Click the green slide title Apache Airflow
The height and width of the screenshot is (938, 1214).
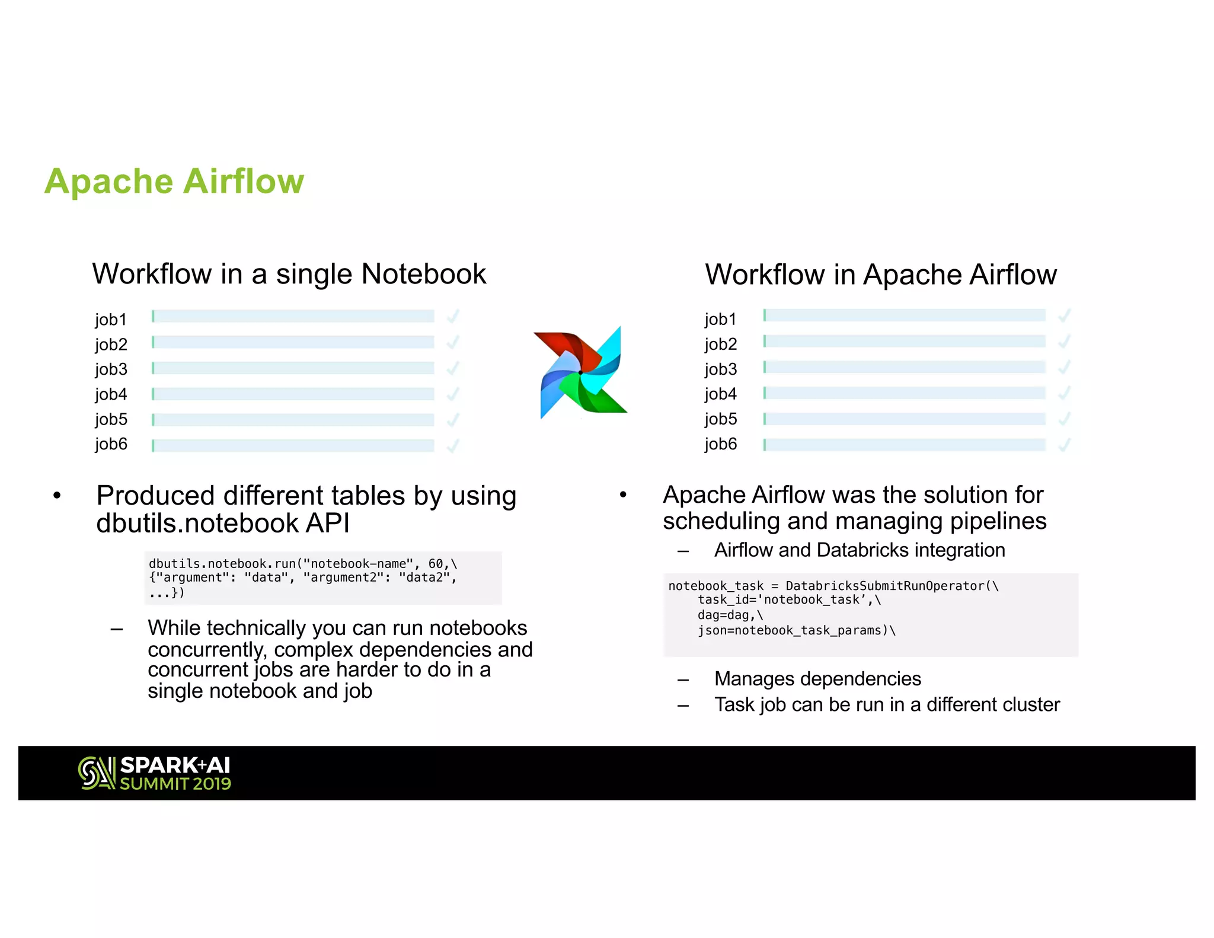point(174,181)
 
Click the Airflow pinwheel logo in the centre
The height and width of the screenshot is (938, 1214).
point(580,372)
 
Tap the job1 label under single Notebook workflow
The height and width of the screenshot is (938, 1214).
point(111,320)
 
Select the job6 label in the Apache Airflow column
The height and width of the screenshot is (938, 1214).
point(720,444)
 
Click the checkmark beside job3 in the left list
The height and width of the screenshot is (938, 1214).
point(453,368)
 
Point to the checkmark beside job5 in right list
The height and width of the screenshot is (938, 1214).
point(1064,419)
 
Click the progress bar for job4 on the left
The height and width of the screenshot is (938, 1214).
point(293,394)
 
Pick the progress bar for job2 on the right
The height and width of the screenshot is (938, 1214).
point(905,341)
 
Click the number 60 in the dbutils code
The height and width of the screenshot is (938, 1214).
point(436,564)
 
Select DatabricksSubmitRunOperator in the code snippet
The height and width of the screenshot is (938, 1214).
point(884,586)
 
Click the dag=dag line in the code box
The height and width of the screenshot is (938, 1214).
point(730,615)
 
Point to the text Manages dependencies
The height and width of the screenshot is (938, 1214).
point(817,679)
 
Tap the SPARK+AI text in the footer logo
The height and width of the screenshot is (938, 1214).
point(175,765)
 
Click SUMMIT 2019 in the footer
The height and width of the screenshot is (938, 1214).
point(175,784)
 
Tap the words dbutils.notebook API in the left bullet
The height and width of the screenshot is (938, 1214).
point(222,524)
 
